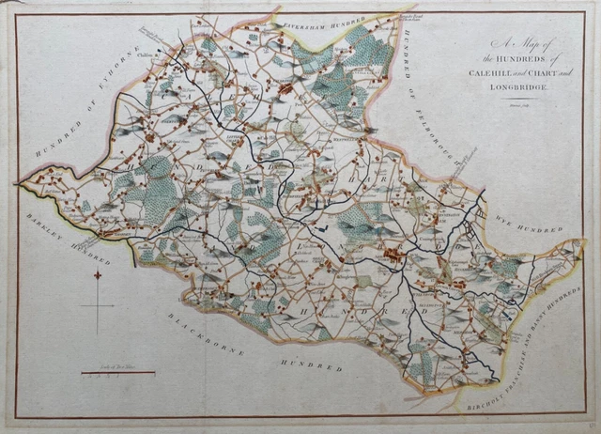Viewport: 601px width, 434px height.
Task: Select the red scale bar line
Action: point(118,373)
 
